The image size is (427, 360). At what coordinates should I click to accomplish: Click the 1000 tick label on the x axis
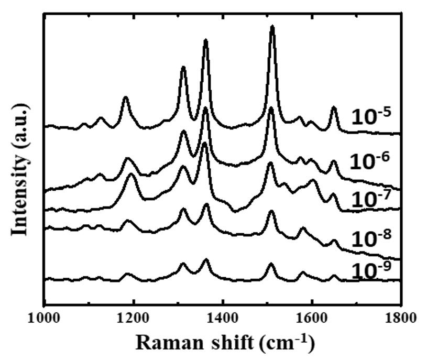(x=45, y=318)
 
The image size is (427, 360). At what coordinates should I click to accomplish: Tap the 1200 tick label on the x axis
(x=134, y=318)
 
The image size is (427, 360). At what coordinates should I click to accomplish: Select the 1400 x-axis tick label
(x=223, y=318)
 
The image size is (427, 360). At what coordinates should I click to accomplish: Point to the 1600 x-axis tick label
(x=312, y=318)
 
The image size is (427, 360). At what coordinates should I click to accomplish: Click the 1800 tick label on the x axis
(x=401, y=318)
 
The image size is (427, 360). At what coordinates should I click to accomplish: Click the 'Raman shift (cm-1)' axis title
(x=225, y=343)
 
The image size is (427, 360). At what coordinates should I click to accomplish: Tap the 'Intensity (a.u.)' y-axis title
(x=21, y=169)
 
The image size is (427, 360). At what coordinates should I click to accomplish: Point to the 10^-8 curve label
(x=373, y=238)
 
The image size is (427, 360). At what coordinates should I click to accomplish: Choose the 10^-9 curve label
(x=371, y=270)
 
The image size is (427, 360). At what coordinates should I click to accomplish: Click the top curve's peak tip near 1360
(x=205, y=40)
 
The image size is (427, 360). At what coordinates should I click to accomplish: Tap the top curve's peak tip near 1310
(x=183, y=67)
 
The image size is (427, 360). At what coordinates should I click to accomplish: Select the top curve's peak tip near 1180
(x=125, y=97)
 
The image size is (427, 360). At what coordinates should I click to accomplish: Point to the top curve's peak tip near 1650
(x=334, y=107)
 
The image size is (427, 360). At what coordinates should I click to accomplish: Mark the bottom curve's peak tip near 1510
(x=271, y=264)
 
